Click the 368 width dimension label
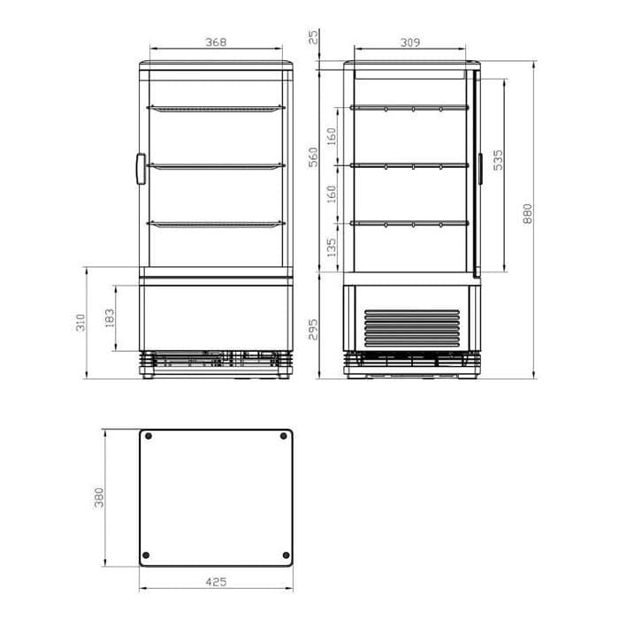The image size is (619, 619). tap(216, 42)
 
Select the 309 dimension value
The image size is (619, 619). tap(410, 42)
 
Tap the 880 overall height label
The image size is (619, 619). tap(527, 214)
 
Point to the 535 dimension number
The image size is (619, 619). tap(499, 159)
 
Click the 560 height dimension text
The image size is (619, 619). tap(313, 157)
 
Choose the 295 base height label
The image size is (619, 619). tap(313, 329)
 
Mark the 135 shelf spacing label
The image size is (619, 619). tap(332, 247)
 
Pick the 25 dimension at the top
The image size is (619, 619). tap(313, 37)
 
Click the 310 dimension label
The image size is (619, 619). tap(80, 322)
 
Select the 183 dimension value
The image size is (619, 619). tap(110, 317)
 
